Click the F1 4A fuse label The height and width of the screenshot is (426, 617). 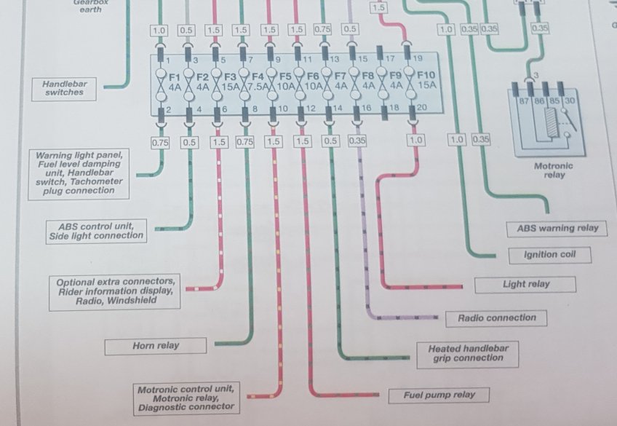click(x=175, y=81)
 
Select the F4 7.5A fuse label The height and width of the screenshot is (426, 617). click(x=257, y=81)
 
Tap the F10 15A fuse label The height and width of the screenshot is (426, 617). click(x=426, y=81)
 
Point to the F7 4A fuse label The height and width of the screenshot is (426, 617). click(x=341, y=81)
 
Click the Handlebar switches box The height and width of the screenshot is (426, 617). click(x=64, y=88)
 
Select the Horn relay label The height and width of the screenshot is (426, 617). click(x=156, y=346)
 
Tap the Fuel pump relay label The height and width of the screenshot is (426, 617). click(x=440, y=395)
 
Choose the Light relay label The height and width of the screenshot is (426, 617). click(x=525, y=284)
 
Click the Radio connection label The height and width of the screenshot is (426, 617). click(x=496, y=318)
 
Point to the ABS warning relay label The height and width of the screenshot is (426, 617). click(x=557, y=228)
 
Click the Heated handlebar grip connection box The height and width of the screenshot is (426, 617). click(x=469, y=353)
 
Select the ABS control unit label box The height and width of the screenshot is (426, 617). click(x=96, y=230)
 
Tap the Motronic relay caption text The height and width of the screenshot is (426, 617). click(x=554, y=170)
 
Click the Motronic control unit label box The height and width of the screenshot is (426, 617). click(x=186, y=398)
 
